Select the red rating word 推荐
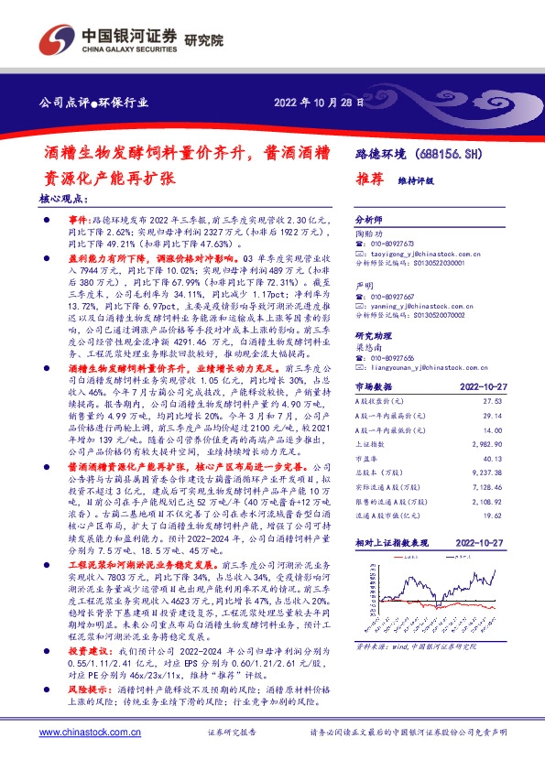(x=369, y=179)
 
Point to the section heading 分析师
(x=369, y=222)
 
